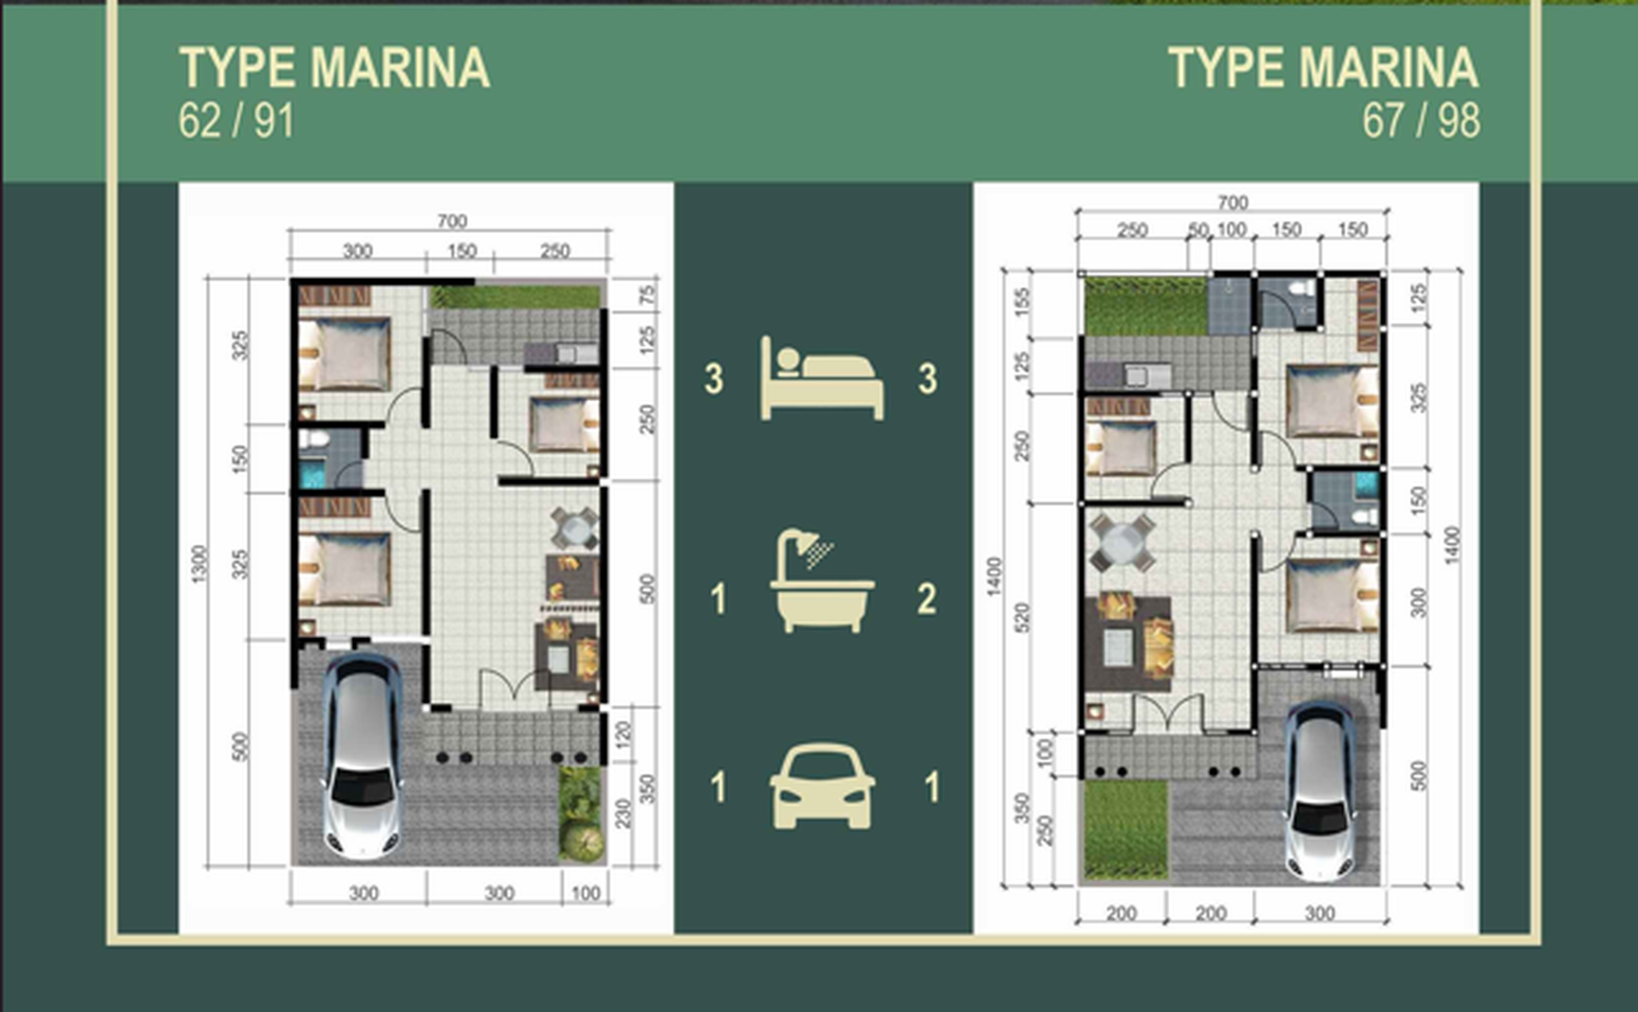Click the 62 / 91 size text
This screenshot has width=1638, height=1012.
pyautogui.click(x=236, y=121)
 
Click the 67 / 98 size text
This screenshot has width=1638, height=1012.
pyautogui.click(x=1420, y=121)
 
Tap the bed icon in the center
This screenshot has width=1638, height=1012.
pyautogui.click(x=822, y=378)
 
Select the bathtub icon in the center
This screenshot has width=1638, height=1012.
pyautogui.click(x=822, y=582)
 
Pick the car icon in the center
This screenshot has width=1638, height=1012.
pyautogui.click(x=822, y=787)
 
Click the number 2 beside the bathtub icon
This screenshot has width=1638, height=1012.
pyautogui.click(x=926, y=599)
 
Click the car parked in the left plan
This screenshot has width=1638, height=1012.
pyautogui.click(x=362, y=753)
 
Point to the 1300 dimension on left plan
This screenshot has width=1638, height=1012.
pyautogui.click(x=199, y=563)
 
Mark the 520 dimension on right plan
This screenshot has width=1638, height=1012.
pyautogui.click(x=1023, y=617)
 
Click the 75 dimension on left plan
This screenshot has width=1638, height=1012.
pyautogui.click(x=647, y=295)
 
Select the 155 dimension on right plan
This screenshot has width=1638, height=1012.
pyautogui.click(x=1023, y=301)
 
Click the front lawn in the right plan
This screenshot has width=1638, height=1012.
pyautogui.click(x=1124, y=828)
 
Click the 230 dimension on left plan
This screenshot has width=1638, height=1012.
pyautogui.click(x=623, y=812)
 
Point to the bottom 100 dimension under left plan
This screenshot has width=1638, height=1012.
pyautogui.click(x=586, y=893)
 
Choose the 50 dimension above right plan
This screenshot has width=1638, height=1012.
pyautogui.click(x=1197, y=230)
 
